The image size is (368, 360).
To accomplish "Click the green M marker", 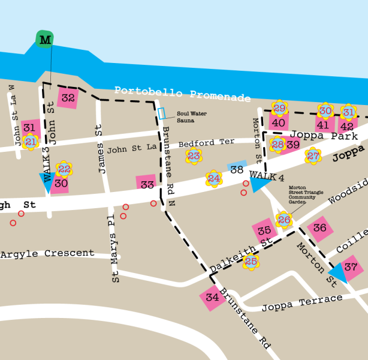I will click(45, 40).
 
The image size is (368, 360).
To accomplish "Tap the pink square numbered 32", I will click(68, 98).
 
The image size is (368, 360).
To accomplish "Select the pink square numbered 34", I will click(212, 298).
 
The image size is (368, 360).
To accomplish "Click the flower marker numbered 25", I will click(251, 262).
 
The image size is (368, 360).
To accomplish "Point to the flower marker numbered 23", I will click(194, 157).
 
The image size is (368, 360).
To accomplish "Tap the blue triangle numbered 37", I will click(348, 268).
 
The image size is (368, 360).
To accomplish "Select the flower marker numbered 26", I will click(284, 220).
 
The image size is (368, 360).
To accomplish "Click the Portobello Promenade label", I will click(182, 93).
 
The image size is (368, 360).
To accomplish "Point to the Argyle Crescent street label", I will click(47, 254).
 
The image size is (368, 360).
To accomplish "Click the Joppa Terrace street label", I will click(301, 303).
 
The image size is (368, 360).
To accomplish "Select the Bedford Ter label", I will click(206, 143).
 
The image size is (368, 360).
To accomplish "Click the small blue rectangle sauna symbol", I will click(161, 113).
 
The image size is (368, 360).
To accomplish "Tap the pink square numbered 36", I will click(319, 228).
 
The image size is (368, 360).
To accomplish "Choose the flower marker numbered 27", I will click(313, 157).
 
